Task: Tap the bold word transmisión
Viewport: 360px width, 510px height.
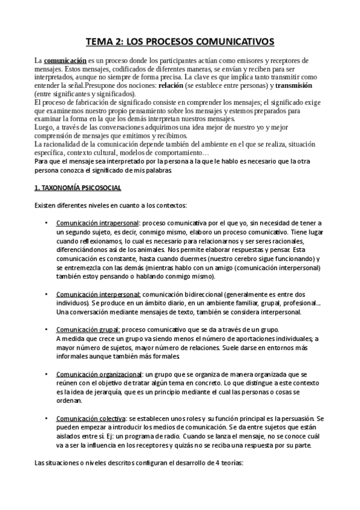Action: (296, 86)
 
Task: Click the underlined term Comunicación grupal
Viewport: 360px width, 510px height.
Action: (88, 330)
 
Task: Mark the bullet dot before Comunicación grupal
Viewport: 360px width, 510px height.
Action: (47, 330)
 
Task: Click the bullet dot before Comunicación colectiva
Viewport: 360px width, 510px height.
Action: (47, 418)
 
